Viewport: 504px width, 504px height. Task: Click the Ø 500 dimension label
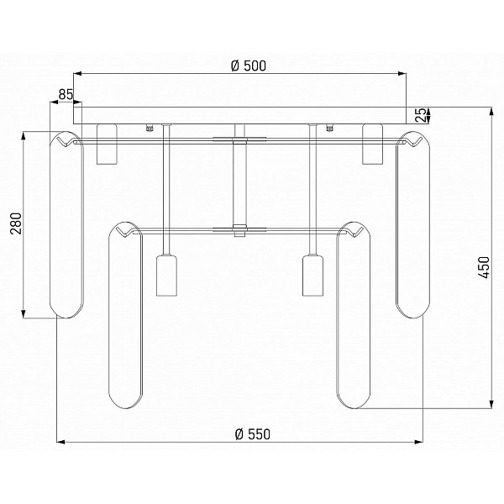(x=249, y=66)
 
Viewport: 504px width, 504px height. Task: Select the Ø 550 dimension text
(x=253, y=434)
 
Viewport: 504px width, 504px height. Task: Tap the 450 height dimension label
(x=484, y=267)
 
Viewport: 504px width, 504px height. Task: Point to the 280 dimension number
(x=16, y=223)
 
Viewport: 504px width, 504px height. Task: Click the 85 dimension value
(x=66, y=94)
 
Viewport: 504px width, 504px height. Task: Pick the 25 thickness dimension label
(x=422, y=115)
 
